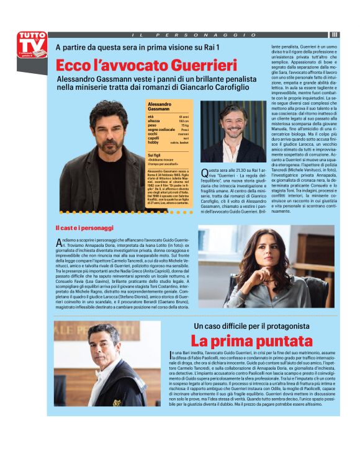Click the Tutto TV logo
point(32,45)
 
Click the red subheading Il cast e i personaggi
point(84,228)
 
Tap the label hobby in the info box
point(153,142)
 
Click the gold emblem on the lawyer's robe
point(116,402)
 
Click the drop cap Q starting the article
point(205,176)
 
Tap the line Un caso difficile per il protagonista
point(251,326)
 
